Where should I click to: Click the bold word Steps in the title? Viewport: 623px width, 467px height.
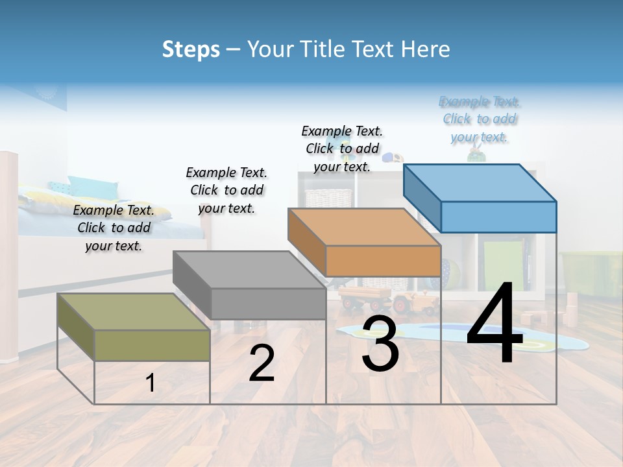pyautogui.click(x=191, y=49)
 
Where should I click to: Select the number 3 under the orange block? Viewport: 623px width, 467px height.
pyautogui.click(x=380, y=344)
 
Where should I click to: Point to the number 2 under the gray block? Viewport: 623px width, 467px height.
pyautogui.click(x=262, y=363)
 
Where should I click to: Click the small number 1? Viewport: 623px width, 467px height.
pyautogui.click(x=151, y=383)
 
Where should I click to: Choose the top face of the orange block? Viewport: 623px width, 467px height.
pyautogui.click(x=364, y=226)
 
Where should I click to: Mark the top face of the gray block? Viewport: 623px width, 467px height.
pyautogui.click(x=249, y=269)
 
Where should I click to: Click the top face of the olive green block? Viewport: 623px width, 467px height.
pyautogui.click(x=133, y=312)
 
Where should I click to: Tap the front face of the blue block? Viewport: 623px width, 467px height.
pyautogui.click(x=498, y=217)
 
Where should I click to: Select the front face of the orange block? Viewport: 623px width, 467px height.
pyautogui.click(x=383, y=261)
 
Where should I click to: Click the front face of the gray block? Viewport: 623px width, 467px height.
pyautogui.click(x=268, y=304)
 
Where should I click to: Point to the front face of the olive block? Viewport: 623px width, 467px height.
pyautogui.click(x=153, y=345)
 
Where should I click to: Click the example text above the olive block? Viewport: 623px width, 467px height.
pyautogui.click(x=114, y=228)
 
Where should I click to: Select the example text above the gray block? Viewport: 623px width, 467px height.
pyautogui.click(x=226, y=190)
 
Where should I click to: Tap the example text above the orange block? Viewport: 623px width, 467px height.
pyautogui.click(x=342, y=149)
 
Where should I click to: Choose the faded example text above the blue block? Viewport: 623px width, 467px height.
pyautogui.click(x=480, y=119)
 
